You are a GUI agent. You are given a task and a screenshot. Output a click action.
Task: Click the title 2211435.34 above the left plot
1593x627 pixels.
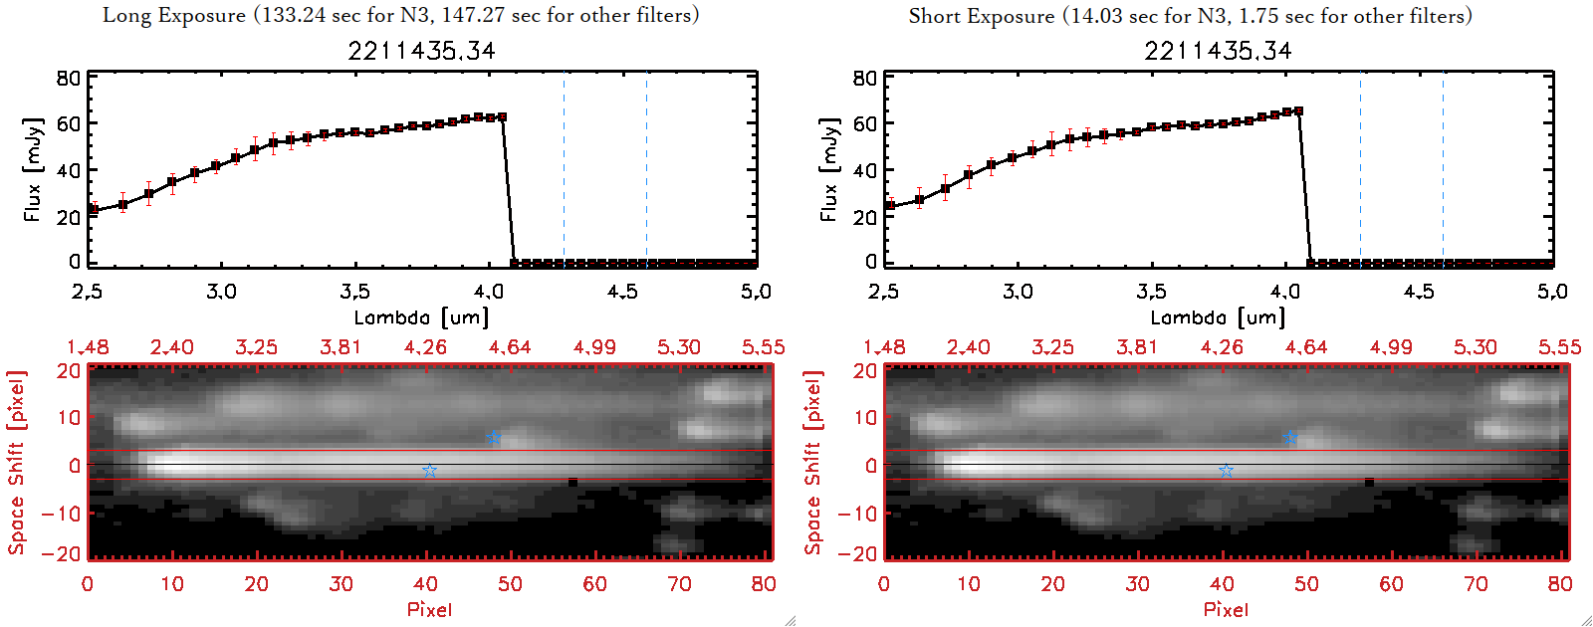coord(421,51)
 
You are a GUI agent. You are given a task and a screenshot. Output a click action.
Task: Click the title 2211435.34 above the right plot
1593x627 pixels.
coord(1218,51)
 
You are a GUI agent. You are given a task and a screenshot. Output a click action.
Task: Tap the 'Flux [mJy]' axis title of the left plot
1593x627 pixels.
coord(33,169)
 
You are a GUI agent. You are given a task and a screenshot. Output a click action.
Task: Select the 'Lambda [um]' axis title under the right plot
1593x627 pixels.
coord(1218,317)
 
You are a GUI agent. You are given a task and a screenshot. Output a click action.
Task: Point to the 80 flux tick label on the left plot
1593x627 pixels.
coord(69,78)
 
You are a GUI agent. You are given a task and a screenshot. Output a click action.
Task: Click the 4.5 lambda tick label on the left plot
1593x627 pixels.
coord(622,292)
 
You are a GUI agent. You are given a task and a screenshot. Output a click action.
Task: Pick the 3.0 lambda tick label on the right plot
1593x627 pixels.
coord(1018,292)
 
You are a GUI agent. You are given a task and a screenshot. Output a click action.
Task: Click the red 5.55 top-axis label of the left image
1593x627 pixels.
coord(763,347)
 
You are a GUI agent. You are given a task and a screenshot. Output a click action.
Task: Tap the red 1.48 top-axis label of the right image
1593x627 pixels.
coord(884,347)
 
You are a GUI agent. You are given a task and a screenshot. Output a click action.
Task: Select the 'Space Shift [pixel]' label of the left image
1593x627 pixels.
coord(16,463)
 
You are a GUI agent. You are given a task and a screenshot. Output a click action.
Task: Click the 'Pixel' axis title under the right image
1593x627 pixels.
coord(1226,609)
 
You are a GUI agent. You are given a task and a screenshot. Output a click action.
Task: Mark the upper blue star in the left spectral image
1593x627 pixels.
coord(494,438)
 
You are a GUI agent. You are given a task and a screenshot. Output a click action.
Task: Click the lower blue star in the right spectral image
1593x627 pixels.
coord(1226,471)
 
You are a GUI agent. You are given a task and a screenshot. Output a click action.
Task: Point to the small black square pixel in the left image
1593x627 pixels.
coord(572,483)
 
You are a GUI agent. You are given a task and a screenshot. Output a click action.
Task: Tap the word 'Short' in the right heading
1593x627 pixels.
coord(934,16)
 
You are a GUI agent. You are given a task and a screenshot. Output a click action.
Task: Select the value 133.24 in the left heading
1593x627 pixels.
coord(295,15)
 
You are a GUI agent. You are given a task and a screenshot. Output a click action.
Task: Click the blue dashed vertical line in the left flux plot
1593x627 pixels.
coord(564,169)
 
